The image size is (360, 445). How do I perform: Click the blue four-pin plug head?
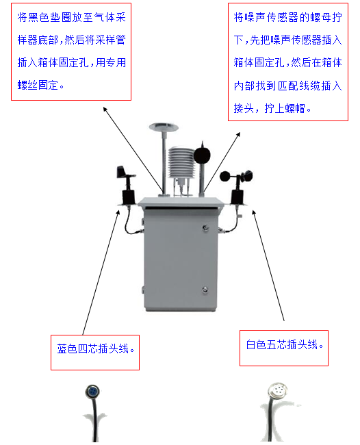[91, 392]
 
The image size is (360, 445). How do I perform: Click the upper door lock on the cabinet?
[205, 227]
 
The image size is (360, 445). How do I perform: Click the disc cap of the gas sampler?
[162, 126]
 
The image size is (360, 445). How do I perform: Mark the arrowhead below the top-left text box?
[105, 107]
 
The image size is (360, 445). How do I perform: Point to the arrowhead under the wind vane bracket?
[116, 211]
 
